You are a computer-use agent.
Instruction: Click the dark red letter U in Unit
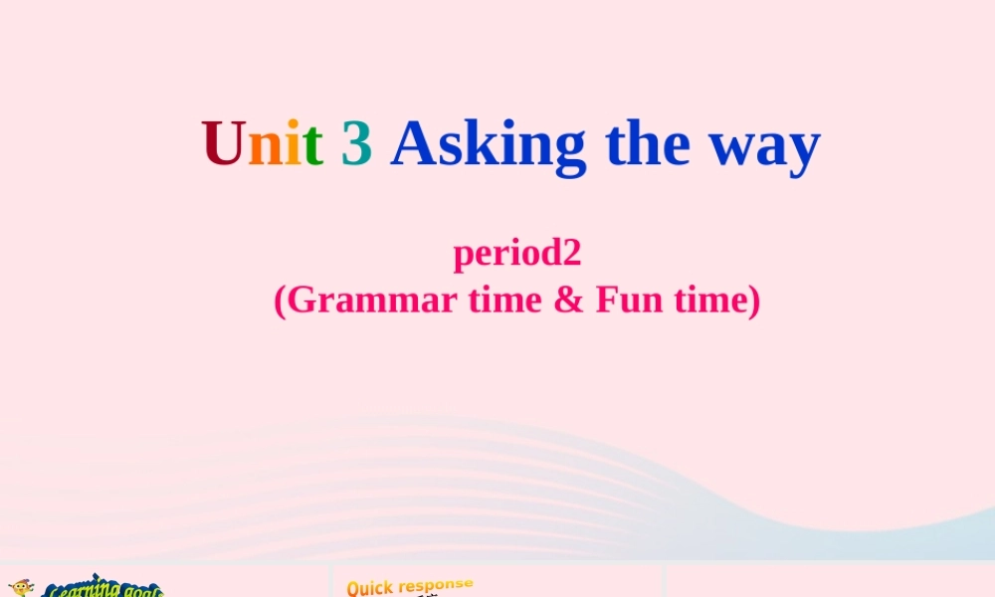[224, 144]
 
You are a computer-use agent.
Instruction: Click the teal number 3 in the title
[356, 144]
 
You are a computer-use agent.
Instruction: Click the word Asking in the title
[489, 146]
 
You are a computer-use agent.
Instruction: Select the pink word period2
[516, 255]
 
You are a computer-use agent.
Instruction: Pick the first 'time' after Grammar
[505, 299]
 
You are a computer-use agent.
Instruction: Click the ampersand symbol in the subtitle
[568, 299]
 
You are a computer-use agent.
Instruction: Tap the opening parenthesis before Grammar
[280, 300]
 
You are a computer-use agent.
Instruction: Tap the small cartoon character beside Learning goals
[20, 590]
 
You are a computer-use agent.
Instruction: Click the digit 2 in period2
[570, 253]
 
